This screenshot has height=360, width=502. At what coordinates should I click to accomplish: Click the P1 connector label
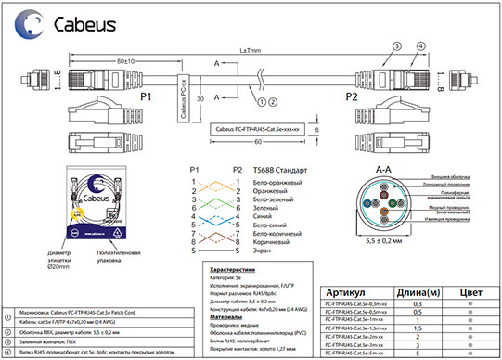point(144,96)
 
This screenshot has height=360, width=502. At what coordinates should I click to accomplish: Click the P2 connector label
point(350,96)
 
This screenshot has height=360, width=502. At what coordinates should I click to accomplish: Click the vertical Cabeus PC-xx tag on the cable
point(184,96)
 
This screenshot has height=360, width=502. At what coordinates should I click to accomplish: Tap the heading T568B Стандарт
point(279,169)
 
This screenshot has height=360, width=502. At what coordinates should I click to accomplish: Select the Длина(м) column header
point(417,293)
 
